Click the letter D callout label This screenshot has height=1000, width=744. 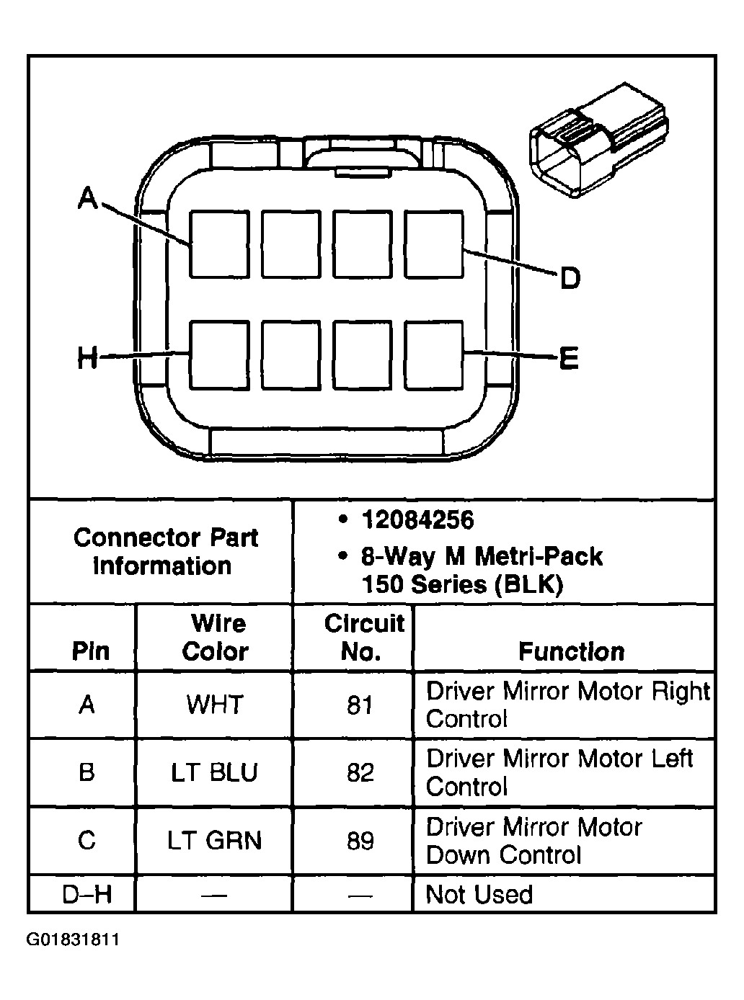click(570, 278)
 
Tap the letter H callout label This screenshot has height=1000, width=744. click(87, 357)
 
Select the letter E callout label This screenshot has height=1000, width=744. click(569, 357)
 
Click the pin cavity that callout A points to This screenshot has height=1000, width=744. click(219, 244)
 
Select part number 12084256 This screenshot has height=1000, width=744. click(417, 519)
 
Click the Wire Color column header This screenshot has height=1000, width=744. click(216, 638)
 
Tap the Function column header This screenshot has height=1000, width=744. click(571, 652)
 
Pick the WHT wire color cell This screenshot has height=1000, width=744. click(215, 705)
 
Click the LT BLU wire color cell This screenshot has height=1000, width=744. click(214, 773)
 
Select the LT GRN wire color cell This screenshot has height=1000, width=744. click(214, 841)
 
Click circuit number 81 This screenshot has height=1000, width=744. click(360, 705)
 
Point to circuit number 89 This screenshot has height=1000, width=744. click(360, 841)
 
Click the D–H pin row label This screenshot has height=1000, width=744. click(87, 895)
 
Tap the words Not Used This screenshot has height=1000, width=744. click(479, 895)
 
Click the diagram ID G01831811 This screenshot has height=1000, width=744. click(73, 940)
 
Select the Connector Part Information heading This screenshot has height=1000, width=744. click(165, 552)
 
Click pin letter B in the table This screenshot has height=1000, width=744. click(87, 773)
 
